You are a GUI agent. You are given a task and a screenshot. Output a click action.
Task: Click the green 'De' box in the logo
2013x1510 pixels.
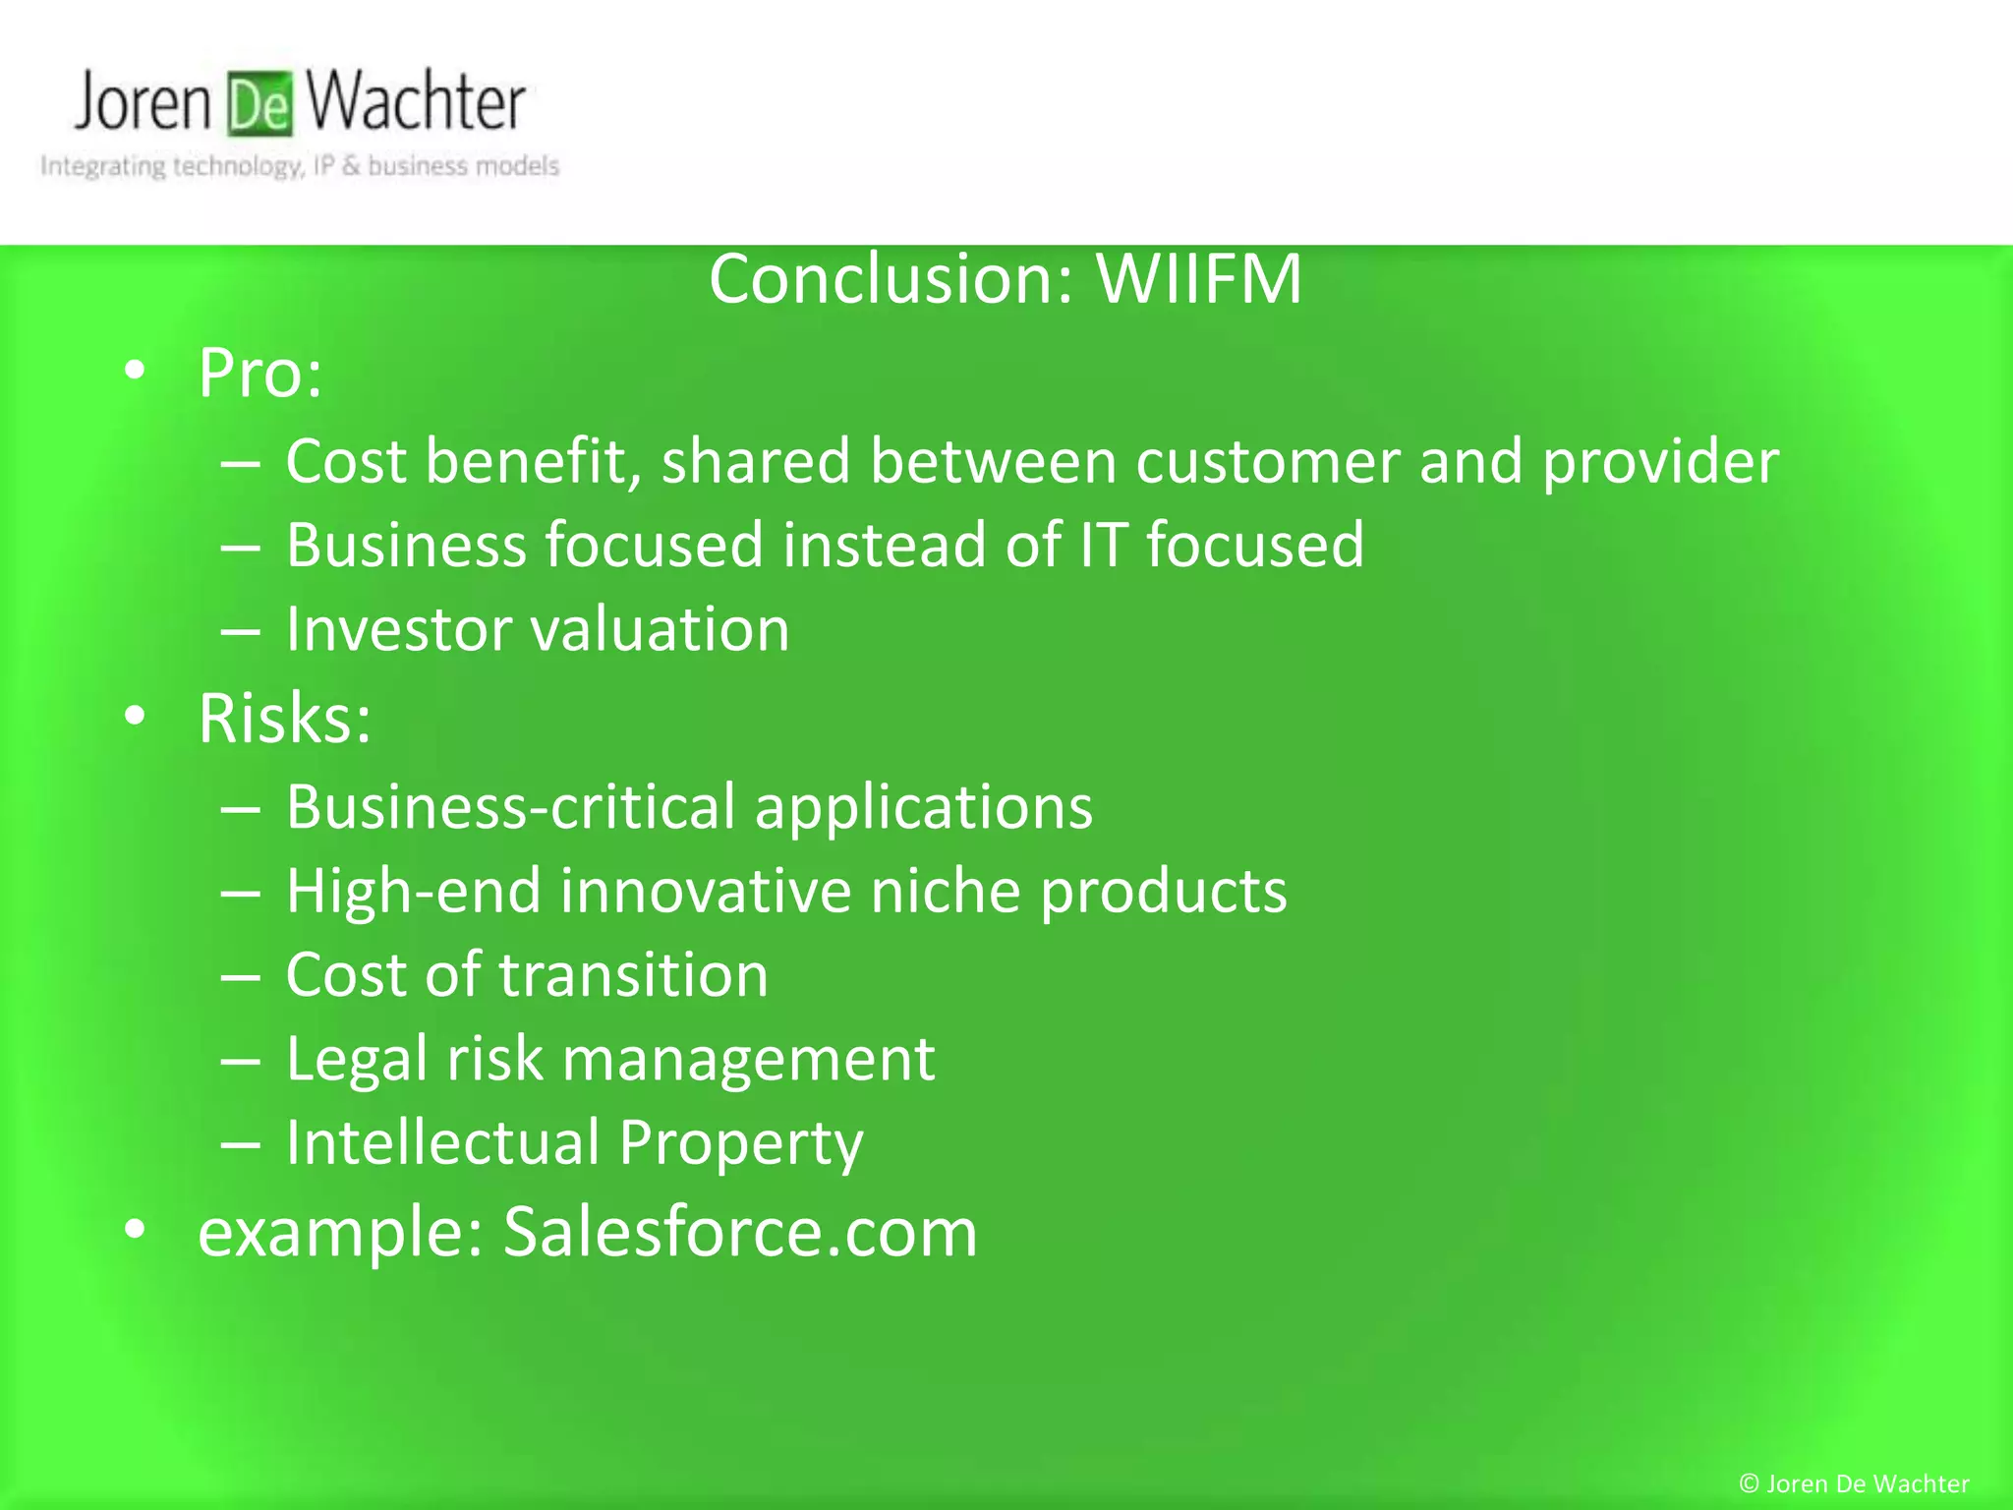click(x=260, y=103)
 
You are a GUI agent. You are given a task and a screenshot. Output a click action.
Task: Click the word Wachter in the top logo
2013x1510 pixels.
click(x=415, y=101)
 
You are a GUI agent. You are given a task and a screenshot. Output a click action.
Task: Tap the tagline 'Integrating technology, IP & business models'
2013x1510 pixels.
click(x=300, y=166)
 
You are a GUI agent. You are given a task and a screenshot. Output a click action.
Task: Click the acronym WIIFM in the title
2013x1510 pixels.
click(x=1199, y=279)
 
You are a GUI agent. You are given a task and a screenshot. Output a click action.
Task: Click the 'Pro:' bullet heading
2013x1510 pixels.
click(x=259, y=374)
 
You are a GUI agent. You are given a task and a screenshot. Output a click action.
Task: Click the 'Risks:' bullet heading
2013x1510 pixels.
click(x=284, y=719)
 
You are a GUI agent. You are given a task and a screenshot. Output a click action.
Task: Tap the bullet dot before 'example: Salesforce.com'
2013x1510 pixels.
click(x=136, y=1229)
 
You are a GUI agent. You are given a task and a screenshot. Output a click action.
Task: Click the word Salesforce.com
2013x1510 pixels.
click(x=740, y=1232)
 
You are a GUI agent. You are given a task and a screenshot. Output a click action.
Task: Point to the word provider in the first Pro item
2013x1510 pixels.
click(x=1660, y=462)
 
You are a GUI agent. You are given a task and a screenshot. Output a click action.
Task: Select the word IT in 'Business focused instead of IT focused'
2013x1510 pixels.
click(x=1102, y=546)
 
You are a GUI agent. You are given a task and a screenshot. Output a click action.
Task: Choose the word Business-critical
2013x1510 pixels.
click(x=510, y=808)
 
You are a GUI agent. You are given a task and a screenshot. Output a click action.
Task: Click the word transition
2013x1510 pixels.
click(x=633, y=975)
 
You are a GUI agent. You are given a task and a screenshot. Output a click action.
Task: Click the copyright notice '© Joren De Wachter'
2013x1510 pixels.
click(x=1854, y=1483)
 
